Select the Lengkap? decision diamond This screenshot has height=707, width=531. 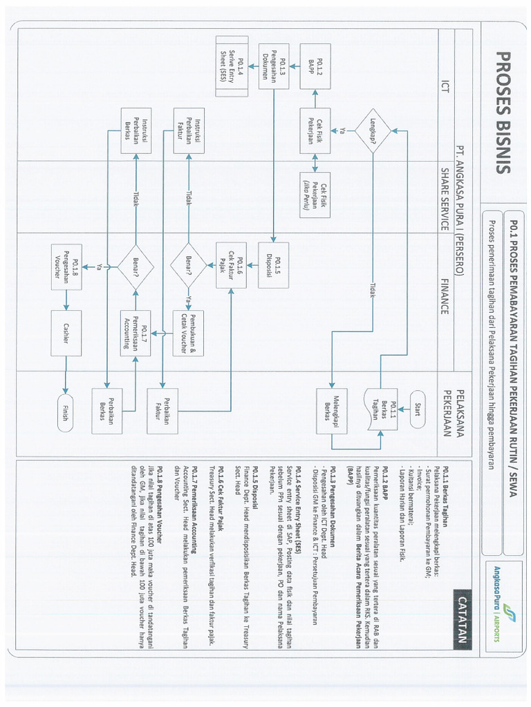(372, 131)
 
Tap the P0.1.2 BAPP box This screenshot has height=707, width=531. (315, 66)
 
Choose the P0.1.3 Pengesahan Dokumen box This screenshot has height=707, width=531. (273, 66)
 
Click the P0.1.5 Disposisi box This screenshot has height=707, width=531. (273, 264)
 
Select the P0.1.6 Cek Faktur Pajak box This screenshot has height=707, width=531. (232, 264)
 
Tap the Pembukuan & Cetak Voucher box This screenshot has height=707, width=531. (188, 333)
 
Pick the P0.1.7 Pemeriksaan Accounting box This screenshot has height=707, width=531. (136, 333)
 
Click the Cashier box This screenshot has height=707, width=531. (66, 333)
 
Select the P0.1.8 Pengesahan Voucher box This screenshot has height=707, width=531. (66, 264)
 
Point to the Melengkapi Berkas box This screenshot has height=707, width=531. (330, 410)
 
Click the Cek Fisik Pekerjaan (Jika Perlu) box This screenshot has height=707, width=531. (315, 194)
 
